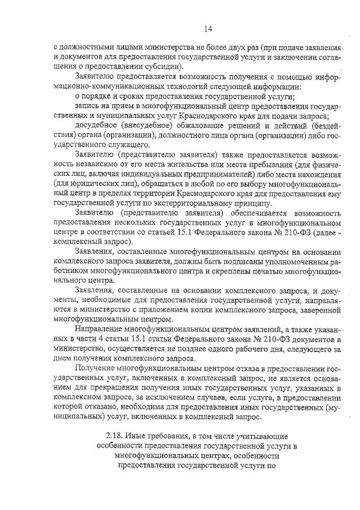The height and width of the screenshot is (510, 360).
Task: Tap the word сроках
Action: [127, 96]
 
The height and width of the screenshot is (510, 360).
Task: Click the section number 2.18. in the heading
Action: [118, 437]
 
